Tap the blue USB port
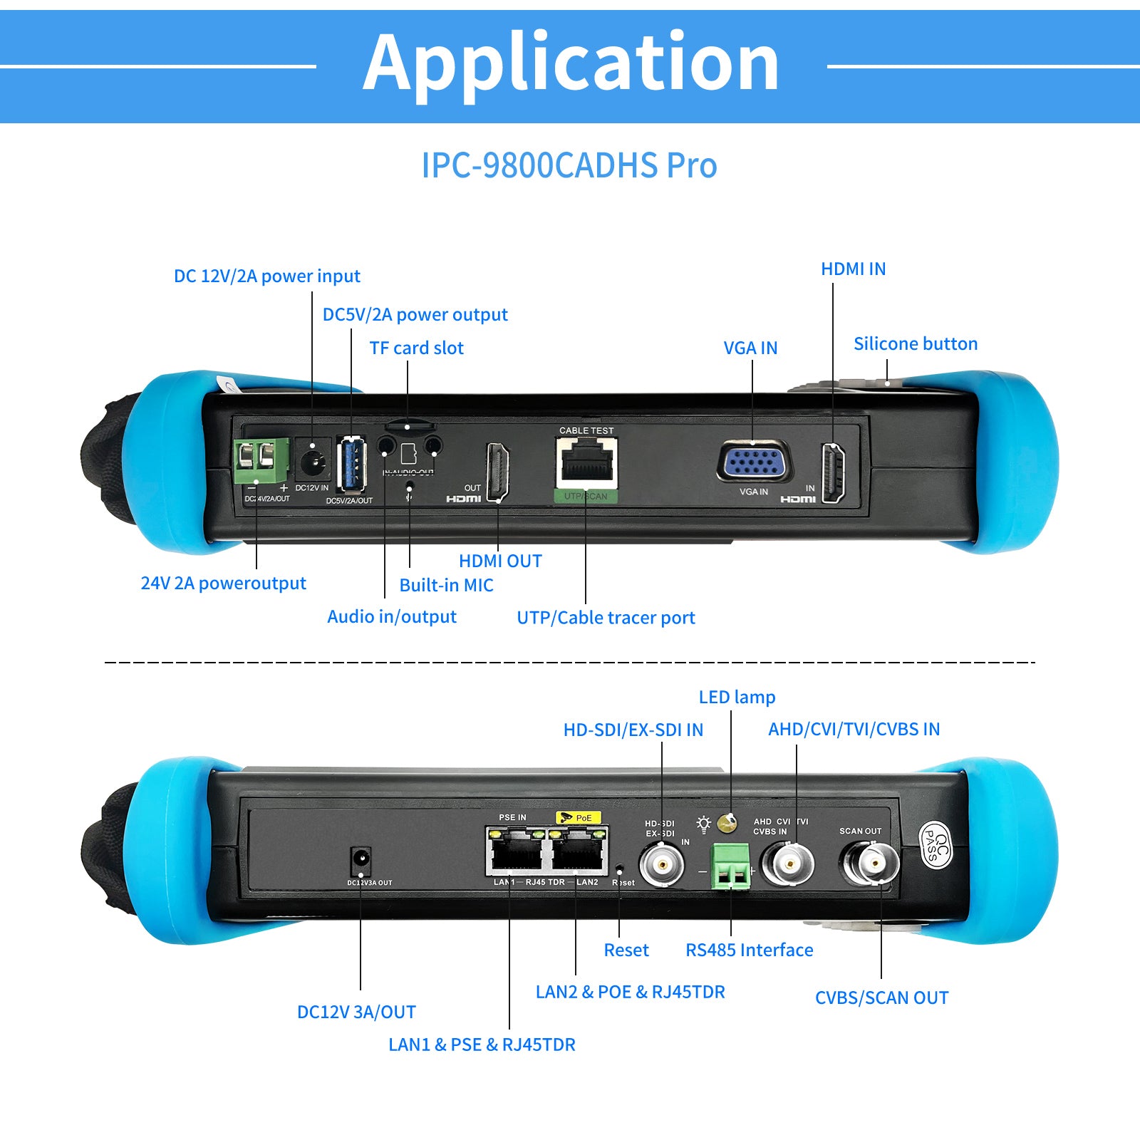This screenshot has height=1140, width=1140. tap(351, 464)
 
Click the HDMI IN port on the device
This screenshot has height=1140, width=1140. tap(833, 472)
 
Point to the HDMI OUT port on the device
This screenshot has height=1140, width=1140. tap(497, 471)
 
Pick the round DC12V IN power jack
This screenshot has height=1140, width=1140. tap(312, 462)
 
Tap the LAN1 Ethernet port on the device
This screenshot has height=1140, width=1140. tap(514, 851)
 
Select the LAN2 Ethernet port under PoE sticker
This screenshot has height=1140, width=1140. tap(576, 851)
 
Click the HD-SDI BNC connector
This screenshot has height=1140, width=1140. tap(662, 865)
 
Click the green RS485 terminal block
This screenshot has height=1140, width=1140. tap(731, 866)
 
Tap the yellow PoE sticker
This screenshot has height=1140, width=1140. tap(578, 817)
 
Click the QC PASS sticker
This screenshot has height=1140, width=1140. tap(936, 845)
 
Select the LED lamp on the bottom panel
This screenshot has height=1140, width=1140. tap(726, 824)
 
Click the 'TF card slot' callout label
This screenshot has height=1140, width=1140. tap(416, 348)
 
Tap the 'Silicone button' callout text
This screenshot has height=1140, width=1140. tap(915, 343)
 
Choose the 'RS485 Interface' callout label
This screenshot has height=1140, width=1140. tap(749, 950)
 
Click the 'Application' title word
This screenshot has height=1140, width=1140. tap(571, 64)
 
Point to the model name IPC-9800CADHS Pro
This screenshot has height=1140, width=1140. tap(569, 165)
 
